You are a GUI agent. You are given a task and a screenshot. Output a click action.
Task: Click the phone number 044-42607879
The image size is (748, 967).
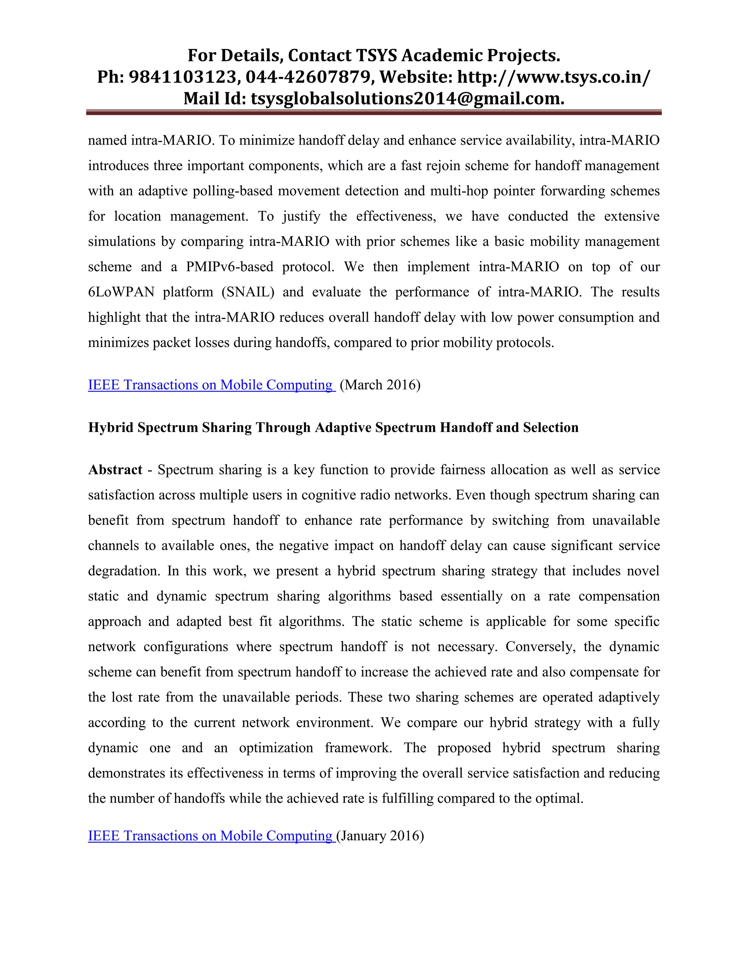307,77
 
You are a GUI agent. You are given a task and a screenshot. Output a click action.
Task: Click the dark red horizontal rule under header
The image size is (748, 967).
374,113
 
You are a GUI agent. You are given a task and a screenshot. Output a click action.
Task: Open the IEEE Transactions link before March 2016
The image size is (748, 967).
211,385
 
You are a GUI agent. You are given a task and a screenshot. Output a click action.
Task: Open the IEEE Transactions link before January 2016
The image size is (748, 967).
211,836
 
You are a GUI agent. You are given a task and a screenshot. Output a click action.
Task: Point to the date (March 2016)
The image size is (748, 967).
380,385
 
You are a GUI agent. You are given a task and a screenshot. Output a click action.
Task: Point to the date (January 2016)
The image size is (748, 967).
380,836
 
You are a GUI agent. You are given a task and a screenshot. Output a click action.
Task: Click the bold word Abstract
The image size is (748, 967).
115,470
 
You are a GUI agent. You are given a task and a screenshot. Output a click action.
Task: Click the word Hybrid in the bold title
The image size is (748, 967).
110,427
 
